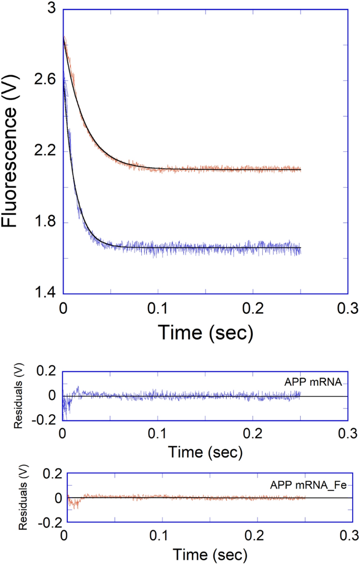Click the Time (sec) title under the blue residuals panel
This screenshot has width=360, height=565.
[x=205, y=451]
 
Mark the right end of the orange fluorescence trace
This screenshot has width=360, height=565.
[x=301, y=169]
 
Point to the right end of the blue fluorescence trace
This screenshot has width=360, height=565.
[x=301, y=248]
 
